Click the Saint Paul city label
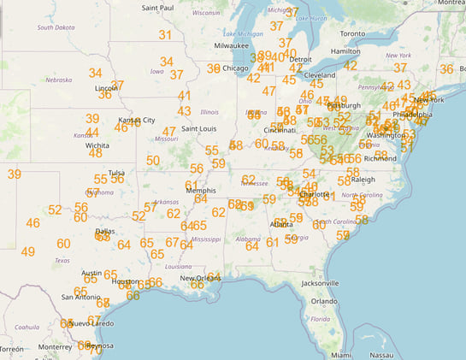point(159,8)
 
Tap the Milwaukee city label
point(231,44)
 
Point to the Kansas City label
point(136,120)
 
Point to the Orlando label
point(324,302)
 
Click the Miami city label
point(342,354)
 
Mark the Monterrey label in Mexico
point(55,347)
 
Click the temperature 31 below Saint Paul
point(165,36)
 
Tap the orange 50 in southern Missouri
point(153,160)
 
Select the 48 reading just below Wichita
point(96,153)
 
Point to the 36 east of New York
point(446,69)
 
